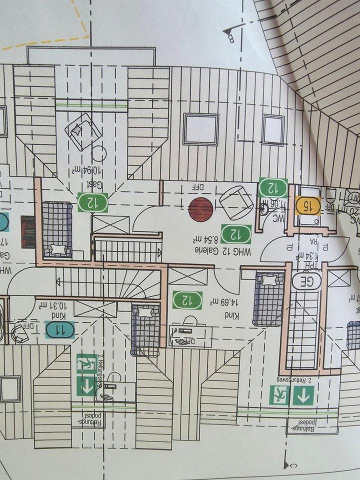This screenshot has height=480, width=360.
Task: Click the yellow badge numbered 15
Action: click(x=307, y=205)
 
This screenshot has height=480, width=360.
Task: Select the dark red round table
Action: click(x=201, y=208)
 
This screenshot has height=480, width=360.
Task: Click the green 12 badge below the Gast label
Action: click(x=93, y=202)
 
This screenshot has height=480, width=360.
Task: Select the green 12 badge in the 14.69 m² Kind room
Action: click(x=187, y=300)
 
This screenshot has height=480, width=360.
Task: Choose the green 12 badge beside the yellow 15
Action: click(x=272, y=188)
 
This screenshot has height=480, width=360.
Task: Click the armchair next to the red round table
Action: click(x=236, y=201)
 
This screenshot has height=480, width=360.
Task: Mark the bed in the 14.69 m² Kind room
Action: click(x=269, y=297)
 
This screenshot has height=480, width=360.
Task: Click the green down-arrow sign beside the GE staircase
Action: click(x=303, y=396)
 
